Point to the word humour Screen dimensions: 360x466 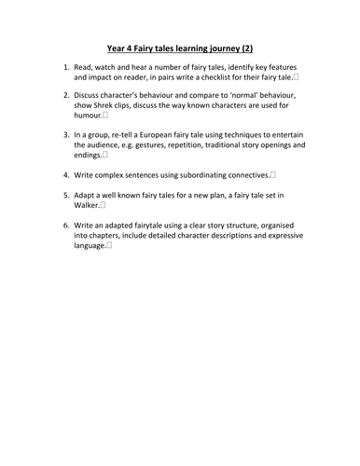[x=88, y=116]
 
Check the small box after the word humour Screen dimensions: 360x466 [x=106, y=116]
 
